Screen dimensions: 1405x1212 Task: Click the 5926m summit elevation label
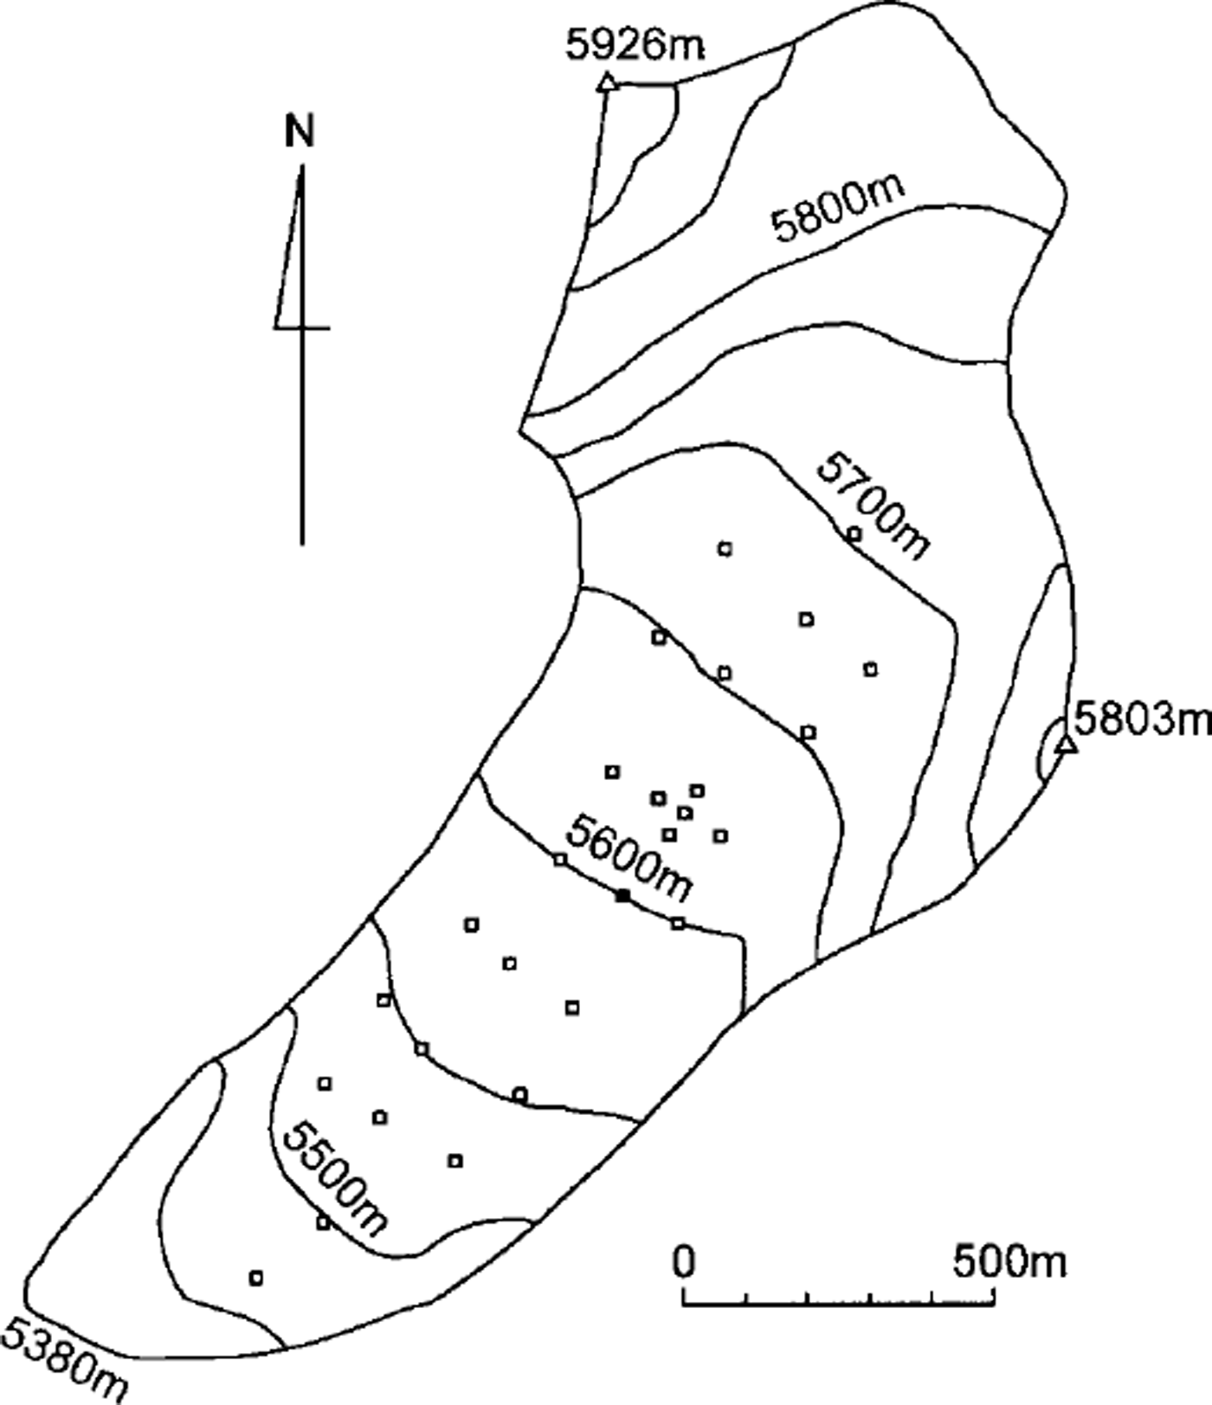635,45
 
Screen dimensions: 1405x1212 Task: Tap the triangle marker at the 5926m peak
607,83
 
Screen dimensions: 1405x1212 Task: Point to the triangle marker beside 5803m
1067,744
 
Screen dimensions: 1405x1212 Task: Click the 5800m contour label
839,209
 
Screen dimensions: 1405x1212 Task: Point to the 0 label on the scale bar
684,1262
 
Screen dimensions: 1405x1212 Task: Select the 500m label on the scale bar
1010,1262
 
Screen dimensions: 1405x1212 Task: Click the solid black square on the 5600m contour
622,896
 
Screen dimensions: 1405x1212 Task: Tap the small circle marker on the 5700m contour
854,533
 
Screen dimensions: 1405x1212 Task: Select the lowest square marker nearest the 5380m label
255,1277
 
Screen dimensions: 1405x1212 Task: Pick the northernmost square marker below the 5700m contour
725,548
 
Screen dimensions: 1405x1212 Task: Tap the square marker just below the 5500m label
323,1223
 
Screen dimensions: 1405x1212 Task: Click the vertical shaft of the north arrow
302,433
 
